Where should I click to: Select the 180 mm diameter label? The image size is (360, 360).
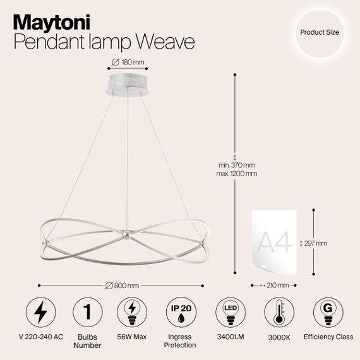(x=129, y=61)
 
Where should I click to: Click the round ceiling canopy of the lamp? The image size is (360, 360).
(x=128, y=85)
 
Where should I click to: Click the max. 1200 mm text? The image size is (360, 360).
(x=236, y=173)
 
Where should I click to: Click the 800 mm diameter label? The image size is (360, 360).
(x=125, y=285)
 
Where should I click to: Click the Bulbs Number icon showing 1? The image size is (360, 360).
(x=88, y=311)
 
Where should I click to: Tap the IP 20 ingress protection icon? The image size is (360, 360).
(x=181, y=311)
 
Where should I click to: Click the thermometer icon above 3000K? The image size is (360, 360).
(x=277, y=311)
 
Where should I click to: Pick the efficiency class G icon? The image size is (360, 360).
(x=327, y=311)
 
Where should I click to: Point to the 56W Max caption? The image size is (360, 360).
(x=133, y=337)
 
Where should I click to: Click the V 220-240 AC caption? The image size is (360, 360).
(x=42, y=337)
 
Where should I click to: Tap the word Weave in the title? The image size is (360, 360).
(x=162, y=42)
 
